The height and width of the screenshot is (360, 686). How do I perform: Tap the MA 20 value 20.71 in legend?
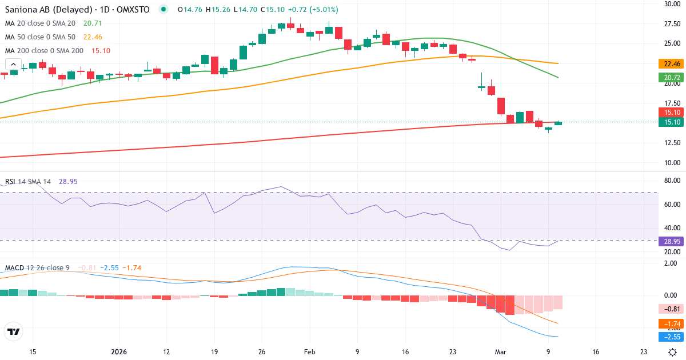pyautogui.click(x=93, y=23)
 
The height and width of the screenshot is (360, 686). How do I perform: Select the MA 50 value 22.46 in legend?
pyautogui.click(x=93, y=37)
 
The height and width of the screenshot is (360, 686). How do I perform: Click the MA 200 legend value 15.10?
pyautogui.click(x=101, y=51)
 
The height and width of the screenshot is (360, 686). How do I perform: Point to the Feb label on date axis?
pyautogui.click(x=309, y=352)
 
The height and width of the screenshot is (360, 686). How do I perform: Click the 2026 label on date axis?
pyautogui.click(x=118, y=352)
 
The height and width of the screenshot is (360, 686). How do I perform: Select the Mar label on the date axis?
pyautogui.click(x=500, y=352)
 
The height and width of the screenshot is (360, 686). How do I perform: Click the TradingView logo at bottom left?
pyautogui.click(x=14, y=331)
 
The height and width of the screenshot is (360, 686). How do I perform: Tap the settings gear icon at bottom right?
pyautogui.click(x=673, y=352)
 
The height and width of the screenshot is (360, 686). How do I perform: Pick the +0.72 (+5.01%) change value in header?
pyautogui.click(x=312, y=10)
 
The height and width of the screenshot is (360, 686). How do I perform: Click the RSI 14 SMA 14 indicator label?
pyautogui.click(x=28, y=181)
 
